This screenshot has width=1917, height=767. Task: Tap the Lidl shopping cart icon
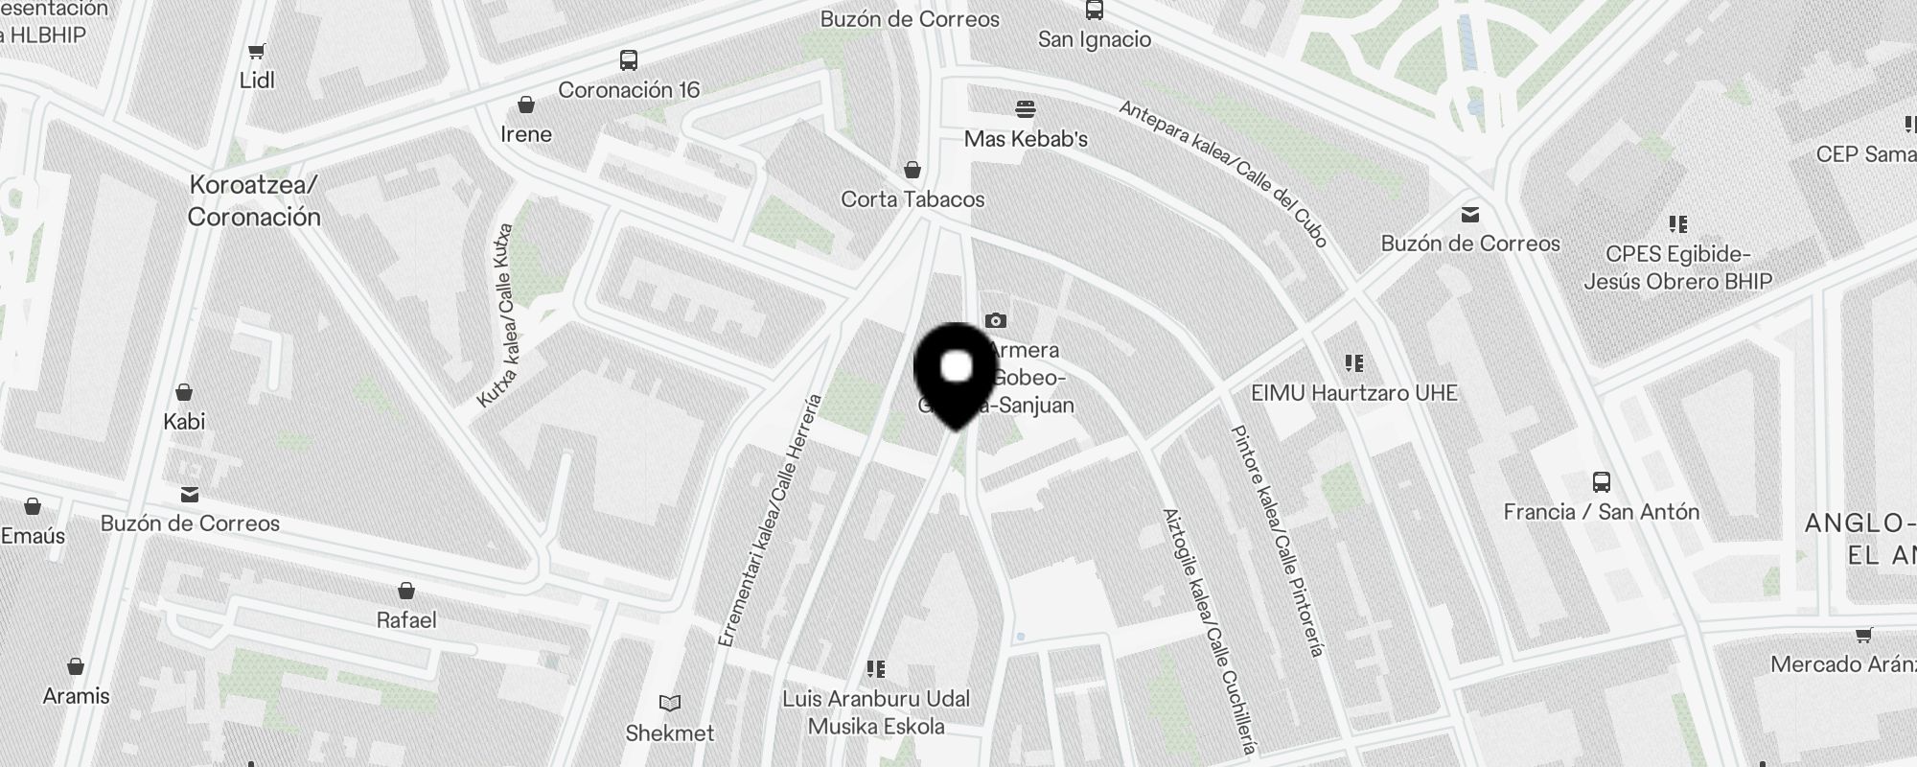click(x=256, y=52)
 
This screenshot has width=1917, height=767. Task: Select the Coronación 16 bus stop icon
click(x=629, y=60)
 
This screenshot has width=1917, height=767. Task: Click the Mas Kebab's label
click(x=1026, y=139)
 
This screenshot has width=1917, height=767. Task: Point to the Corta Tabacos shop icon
click(x=912, y=170)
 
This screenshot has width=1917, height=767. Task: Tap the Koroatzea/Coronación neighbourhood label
click(x=254, y=200)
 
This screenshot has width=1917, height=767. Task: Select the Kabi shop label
click(x=184, y=422)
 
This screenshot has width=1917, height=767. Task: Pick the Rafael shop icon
click(x=406, y=591)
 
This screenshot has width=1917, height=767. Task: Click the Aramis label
click(x=76, y=696)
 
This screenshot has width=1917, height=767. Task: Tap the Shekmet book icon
click(x=670, y=704)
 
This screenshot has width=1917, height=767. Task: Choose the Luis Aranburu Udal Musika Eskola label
click(x=876, y=712)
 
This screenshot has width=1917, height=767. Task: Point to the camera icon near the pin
click(x=996, y=320)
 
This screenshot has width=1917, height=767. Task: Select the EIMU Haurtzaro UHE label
click(x=1354, y=393)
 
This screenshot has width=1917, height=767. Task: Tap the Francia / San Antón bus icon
click(x=1601, y=481)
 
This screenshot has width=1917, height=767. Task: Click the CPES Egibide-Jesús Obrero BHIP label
click(x=1677, y=267)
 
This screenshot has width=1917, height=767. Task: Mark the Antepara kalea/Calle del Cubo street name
click(x=1224, y=174)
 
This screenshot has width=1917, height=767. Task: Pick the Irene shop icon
click(x=525, y=104)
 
